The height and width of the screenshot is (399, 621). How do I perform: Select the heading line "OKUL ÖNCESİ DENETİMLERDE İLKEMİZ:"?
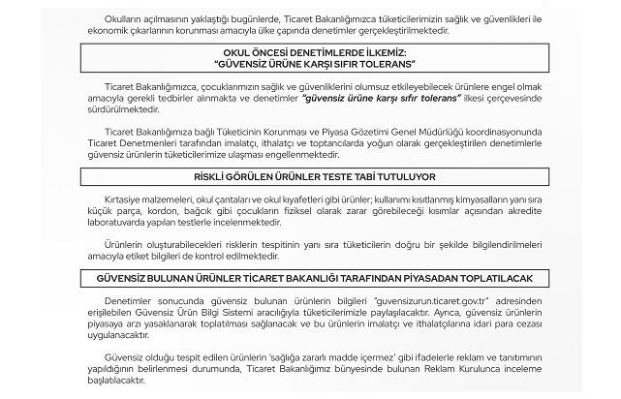tap(311, 54)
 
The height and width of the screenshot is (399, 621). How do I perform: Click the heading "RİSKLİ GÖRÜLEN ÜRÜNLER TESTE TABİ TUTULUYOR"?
tap(311, 175)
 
